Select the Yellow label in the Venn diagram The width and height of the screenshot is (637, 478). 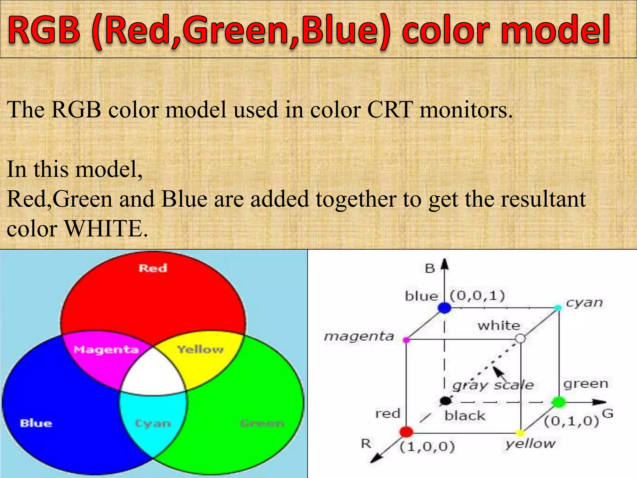click(200, 349)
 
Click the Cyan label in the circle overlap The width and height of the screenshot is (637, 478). click(153, 424)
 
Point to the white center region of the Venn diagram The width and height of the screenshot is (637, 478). click(153, 373)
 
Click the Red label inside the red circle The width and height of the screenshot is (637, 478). click(153, 268)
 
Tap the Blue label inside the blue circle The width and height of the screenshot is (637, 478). click(36, 423)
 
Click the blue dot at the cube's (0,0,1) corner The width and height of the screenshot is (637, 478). click(444, 308)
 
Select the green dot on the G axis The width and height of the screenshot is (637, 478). click(559, 402)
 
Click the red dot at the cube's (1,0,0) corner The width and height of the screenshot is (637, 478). click(406, 432)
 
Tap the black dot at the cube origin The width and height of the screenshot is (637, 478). click(446, 401)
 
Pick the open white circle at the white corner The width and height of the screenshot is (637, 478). click(520, 338)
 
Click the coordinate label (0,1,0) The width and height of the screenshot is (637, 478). click(571, 421)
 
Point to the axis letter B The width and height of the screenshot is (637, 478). click(430, 268)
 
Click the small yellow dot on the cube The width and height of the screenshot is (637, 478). click(520, 433)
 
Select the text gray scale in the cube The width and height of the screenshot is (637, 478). click(493, 385)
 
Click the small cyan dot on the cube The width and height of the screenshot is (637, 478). click(558, 308)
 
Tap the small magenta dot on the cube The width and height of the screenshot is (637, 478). click(406, 340)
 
